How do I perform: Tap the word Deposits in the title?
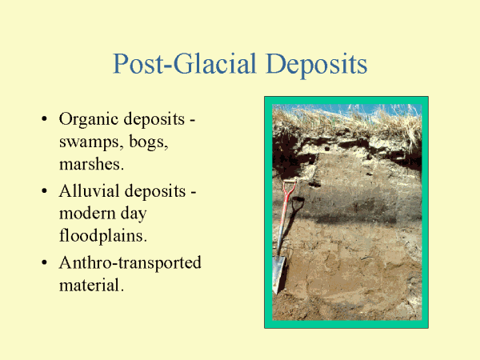coord(317,65)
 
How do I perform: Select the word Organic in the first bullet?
coord(87,120)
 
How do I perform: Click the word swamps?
coord(89,142)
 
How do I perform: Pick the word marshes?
coord(91,164)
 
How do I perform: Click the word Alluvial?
coord(90,191)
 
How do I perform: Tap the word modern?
coord(87,214)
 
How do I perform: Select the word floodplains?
coord(103,236)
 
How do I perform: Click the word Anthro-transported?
coord(130,263)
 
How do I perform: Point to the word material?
coord(91,285)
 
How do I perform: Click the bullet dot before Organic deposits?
coord(44,118)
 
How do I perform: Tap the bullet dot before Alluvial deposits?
coord(44,191)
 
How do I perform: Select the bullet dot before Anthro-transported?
coord(44,262)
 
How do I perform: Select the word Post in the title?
coord(138,64)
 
